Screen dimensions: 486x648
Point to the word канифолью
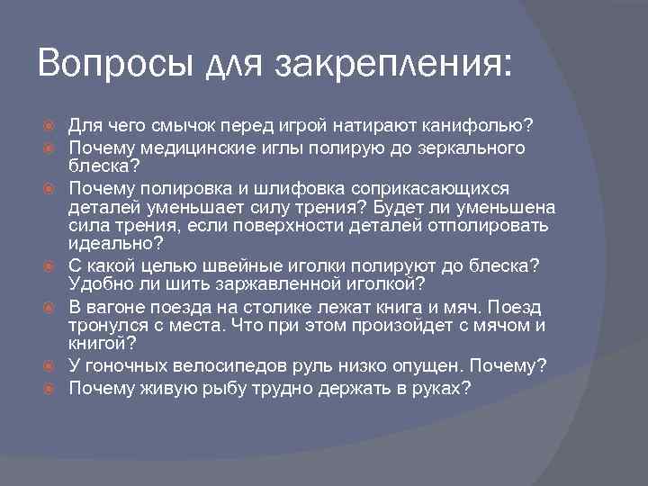[x=489, y=123]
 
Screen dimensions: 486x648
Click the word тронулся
[x=110, y=326]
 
